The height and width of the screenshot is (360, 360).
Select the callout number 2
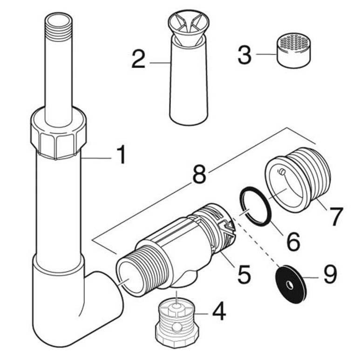(138, 59)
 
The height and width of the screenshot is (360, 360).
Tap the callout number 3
(245, 54)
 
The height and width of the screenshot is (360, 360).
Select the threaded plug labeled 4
(179, 319)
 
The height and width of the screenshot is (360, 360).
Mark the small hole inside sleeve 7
(281, 173)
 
